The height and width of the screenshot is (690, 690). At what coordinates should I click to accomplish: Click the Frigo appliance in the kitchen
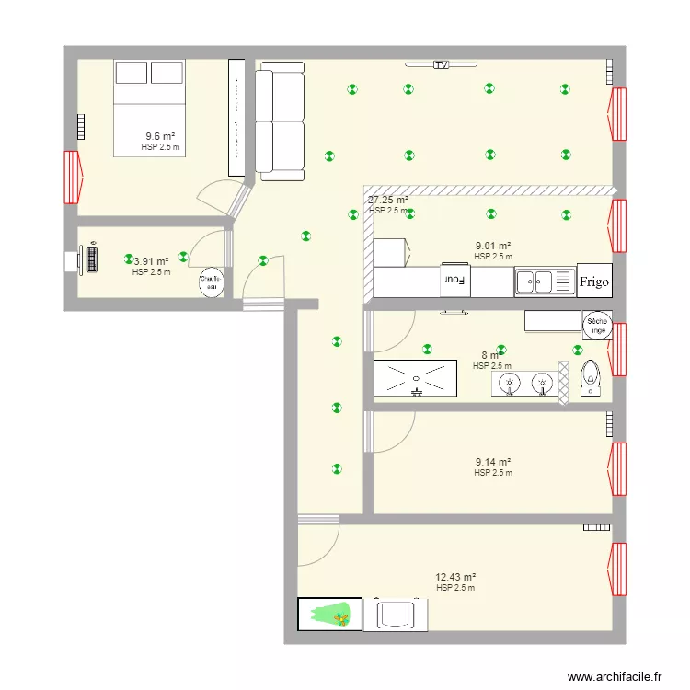point(593,281)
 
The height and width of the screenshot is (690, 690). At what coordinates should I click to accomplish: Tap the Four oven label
point(454,280)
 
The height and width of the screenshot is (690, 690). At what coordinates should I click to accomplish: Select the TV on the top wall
point(442,65)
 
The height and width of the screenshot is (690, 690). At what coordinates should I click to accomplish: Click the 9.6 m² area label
point(160,136)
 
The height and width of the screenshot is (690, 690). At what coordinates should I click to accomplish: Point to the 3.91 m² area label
point(151,261)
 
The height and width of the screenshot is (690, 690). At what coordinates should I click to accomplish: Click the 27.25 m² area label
point(387,200)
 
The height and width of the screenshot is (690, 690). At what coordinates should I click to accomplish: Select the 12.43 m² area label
point(455,577)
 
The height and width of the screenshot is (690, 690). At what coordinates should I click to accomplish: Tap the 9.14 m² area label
point(492,463)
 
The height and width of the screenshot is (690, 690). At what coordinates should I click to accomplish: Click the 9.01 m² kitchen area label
point(492,246)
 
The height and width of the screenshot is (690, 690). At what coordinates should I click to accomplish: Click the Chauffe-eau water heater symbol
point(211,282)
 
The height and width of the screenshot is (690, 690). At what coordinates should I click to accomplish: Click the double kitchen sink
point(536,281)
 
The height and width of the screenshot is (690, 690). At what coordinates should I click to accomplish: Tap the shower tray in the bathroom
point(415,378)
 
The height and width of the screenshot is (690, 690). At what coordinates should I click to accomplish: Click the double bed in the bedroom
point(149,107)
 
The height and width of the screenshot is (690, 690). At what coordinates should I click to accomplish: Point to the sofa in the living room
point(280,121)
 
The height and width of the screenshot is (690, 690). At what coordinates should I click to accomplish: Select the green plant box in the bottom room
point(329,615)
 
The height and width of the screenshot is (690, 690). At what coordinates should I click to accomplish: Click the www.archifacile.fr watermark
point(615,676)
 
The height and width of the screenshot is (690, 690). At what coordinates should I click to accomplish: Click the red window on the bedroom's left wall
point(72,177)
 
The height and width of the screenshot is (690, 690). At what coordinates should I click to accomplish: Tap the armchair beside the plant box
point(397,614)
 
